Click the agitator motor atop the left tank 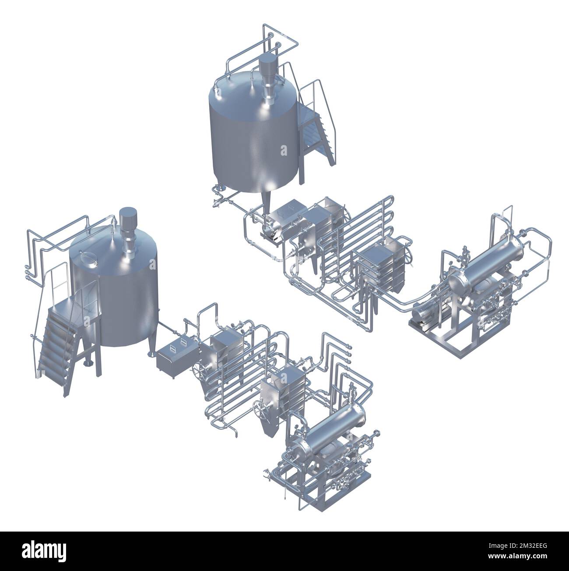pos(128,218)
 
